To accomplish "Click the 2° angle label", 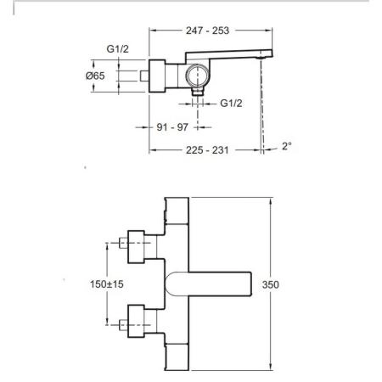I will (x=288, y=146).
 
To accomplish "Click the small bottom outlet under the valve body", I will (x=197, y=104).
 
